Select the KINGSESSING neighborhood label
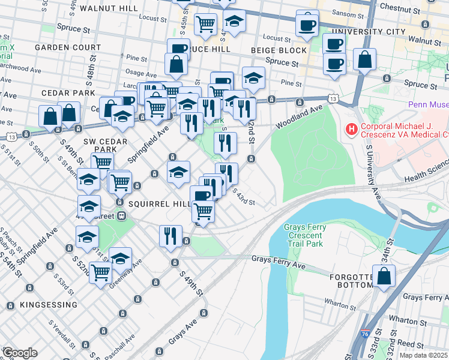click(x=49, y=305)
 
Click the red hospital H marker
click(x=350, y=128)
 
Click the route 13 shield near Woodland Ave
click(x=332, y=97)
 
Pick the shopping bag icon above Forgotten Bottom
click(x=384, y=277)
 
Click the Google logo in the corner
click(x=19, y=353)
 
